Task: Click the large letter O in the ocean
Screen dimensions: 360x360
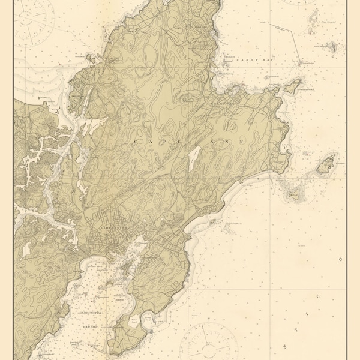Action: (341, 260)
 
